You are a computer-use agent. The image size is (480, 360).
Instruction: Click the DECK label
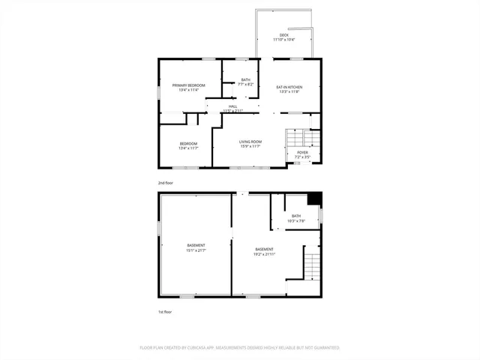pos(283,35)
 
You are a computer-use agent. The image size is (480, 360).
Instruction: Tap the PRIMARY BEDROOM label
pos(188,85)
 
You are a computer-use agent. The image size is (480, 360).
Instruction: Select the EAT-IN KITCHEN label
pos(289,87)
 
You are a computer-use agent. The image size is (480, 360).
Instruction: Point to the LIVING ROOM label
pos(250,142)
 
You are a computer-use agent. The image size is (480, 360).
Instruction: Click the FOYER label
pos(302,152)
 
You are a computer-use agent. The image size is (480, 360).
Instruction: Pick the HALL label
pos(233,106)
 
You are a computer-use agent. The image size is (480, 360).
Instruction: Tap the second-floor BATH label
pos(246,80)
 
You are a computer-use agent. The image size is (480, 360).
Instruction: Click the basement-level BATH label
pos(296,216)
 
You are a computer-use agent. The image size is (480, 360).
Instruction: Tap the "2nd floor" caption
pos(166,183)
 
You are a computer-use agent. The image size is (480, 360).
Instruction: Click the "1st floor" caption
pos(165,311)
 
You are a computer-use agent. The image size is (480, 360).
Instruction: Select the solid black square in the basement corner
pos(315,198)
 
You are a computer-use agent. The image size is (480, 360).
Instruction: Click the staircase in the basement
pos(311,267)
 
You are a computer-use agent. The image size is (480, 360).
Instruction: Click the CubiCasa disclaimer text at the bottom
pos(240,348)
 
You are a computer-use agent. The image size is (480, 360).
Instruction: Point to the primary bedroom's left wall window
pos(158,94)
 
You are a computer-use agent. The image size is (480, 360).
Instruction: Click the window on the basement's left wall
pos(158,226)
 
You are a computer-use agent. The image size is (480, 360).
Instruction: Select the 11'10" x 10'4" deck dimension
pos(283,40)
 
